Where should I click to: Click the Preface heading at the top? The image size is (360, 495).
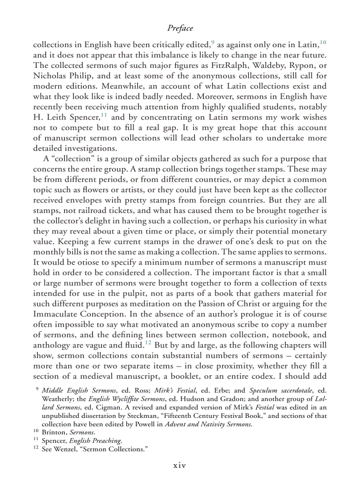tap(180, 28)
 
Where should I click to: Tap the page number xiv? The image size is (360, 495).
tap(180, 465)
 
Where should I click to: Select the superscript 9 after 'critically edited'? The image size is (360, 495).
tap(213, 42)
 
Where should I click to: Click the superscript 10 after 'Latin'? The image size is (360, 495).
tap(323, 42)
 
